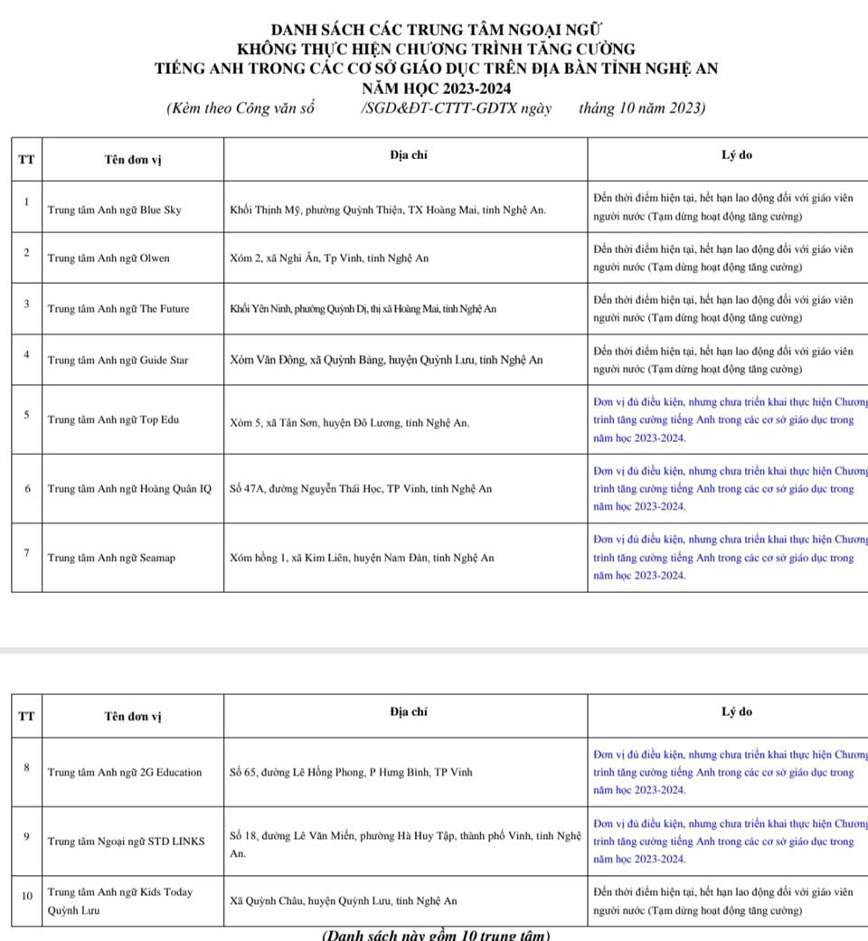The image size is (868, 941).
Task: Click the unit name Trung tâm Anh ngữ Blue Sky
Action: point(114,210)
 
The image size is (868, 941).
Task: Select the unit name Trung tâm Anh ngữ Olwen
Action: point(108,258)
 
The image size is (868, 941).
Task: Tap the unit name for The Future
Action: point(118,308)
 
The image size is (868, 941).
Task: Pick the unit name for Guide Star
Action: point(118,360)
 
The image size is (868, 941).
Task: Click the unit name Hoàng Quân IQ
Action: point(129,489)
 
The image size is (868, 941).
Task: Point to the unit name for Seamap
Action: point(111,558)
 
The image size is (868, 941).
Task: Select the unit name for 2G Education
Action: point(125,773)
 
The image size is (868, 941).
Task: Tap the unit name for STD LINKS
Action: point(126,842)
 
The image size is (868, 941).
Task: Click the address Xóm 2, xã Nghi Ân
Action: point(329,258)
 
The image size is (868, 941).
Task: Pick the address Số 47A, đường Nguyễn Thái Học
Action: point(361,489)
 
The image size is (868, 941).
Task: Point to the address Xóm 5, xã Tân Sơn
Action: point(349,423)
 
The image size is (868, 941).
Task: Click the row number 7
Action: point(28,552)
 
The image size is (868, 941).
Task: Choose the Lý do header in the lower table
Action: point(736,712)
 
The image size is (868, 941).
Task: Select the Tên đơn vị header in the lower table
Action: point(132,717)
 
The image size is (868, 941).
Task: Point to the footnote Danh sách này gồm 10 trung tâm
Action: point(436,935)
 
